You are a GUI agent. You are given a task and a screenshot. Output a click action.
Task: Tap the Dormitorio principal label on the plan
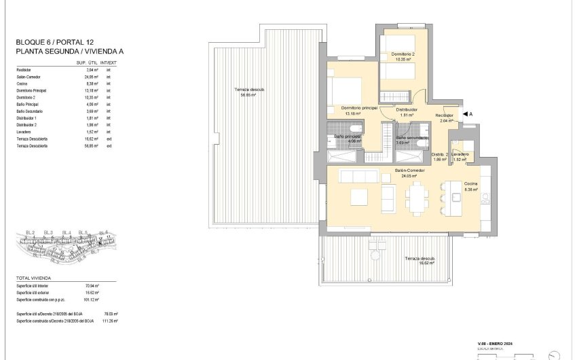click(x=359, y=108)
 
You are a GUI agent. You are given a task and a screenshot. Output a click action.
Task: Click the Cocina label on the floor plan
click(x=470, y=184)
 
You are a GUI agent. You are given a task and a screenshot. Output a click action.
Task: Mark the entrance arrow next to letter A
click(x=464, y=114)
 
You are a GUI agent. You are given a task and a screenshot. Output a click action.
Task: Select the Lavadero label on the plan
click(x=460, y=155)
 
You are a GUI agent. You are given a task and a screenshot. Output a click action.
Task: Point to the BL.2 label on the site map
click(x=30, y=233)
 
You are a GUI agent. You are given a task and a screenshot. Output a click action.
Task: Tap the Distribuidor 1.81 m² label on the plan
click(x=407, y=112)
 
